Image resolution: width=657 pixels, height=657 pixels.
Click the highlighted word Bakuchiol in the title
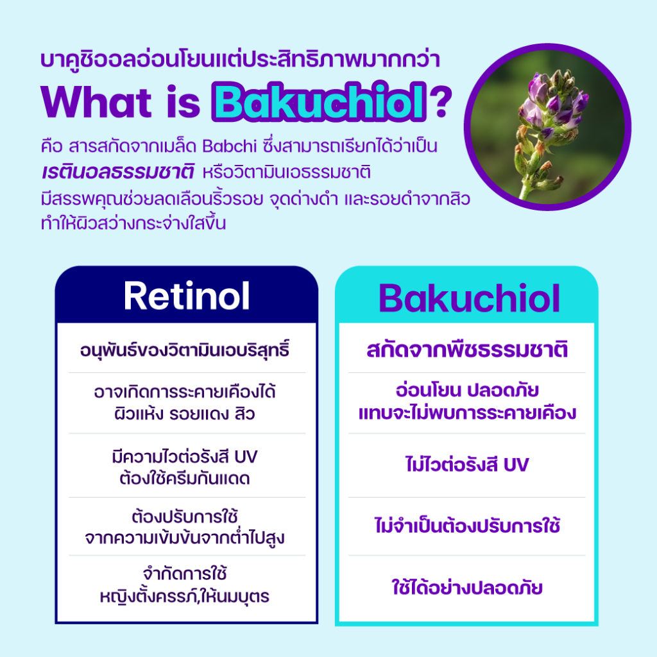[x=320, y=102]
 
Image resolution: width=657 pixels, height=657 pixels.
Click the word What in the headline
[x=96, y=102]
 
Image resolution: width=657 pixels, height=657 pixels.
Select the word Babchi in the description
[x=229, y=146]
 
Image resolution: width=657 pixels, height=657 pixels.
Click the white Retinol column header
[x=187, y=296]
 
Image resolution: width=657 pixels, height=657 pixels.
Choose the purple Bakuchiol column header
[x=469, y=298]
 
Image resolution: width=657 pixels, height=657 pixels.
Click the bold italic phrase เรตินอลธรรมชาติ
[x=118, y=172]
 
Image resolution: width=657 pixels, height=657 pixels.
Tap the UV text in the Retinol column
[x=246, y=457]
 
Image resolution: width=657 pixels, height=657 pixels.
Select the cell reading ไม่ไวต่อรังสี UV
[x=467, y=465]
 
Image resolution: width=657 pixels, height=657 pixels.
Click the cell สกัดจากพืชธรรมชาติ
[x=467, y=350]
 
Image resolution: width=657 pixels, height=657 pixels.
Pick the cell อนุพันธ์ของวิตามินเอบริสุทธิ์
[x=185, y=350]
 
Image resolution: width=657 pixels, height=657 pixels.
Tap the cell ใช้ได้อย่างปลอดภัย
[x=467, y=587]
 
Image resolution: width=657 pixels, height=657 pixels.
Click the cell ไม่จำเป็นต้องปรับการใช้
[x=467, y=525]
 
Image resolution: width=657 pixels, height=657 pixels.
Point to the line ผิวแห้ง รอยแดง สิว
[x=185, y=414]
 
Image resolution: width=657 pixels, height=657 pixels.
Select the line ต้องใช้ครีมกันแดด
[x=185, y=478]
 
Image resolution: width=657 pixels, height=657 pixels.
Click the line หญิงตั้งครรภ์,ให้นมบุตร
[x=185, y=596]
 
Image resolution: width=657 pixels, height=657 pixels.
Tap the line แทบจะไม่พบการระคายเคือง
[x=467, y=413]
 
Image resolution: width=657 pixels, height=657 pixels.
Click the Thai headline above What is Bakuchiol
[x=240, y=60]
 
